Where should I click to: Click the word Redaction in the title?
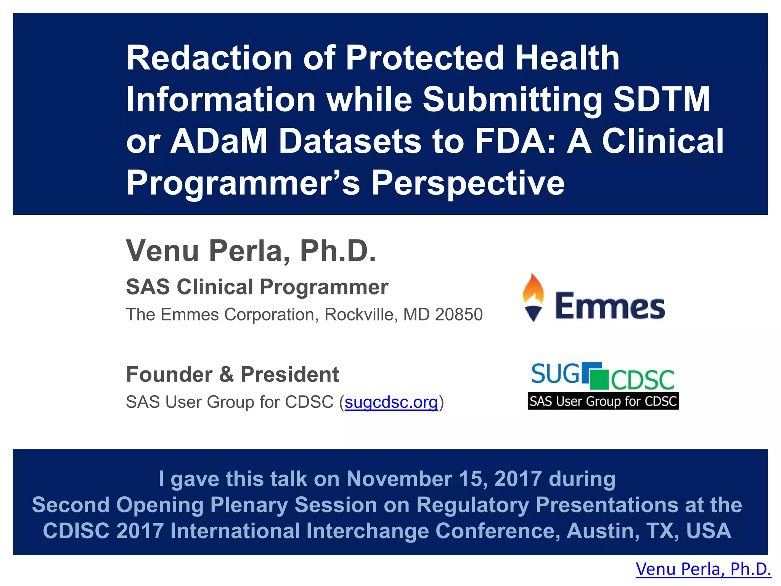click(x=209, y=58)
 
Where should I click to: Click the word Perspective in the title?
click(x=468, y=183)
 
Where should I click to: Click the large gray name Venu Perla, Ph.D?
click(x=251, y=251)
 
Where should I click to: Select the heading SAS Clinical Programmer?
click(x=257, y=287)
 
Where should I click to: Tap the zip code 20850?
click(x=459, y=315)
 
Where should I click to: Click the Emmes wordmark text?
click(x=610, y=306)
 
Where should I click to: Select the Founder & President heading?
click(x=232, y=374)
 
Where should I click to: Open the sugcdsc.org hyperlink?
click(x=391, y=402)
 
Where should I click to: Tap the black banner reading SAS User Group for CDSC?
click(x=603, y=401)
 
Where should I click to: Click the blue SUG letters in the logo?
click(x=555, y=373)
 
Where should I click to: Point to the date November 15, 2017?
click(x=444, y=479)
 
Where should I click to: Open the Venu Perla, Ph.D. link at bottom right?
click(x=703, y=569)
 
